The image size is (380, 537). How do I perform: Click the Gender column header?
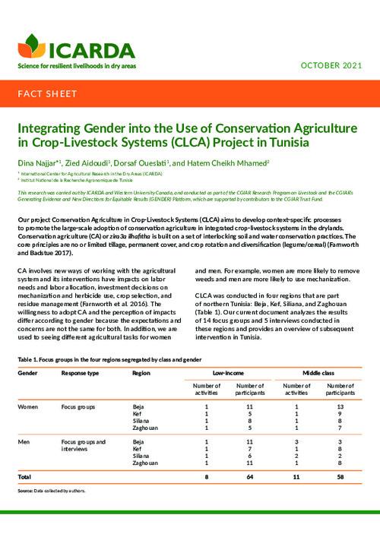pos(28,374)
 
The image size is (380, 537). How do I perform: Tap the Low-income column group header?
pos(228,374)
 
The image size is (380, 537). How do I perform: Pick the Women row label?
pos(29,408)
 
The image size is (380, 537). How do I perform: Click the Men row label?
pos(24,441)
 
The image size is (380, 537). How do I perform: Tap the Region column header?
pos(141,374)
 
